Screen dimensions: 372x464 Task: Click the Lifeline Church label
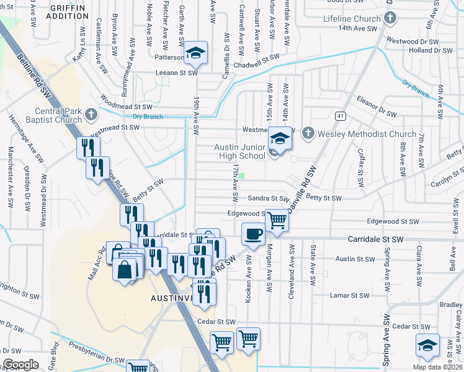[x=351, y=19]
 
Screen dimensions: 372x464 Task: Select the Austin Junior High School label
[x=239, y=151]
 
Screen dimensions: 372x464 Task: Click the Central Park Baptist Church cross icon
[x=91, y=114]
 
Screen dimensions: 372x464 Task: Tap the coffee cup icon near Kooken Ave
[x=253, y=235]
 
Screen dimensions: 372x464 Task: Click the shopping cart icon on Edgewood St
[x=277, y=219]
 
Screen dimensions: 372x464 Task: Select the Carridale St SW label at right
[x=375, y=239]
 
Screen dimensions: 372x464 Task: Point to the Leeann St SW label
[x=176, y=73]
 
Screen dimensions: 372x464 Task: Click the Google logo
[x=21, y=365]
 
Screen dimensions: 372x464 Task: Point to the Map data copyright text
[x=437, y=367]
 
